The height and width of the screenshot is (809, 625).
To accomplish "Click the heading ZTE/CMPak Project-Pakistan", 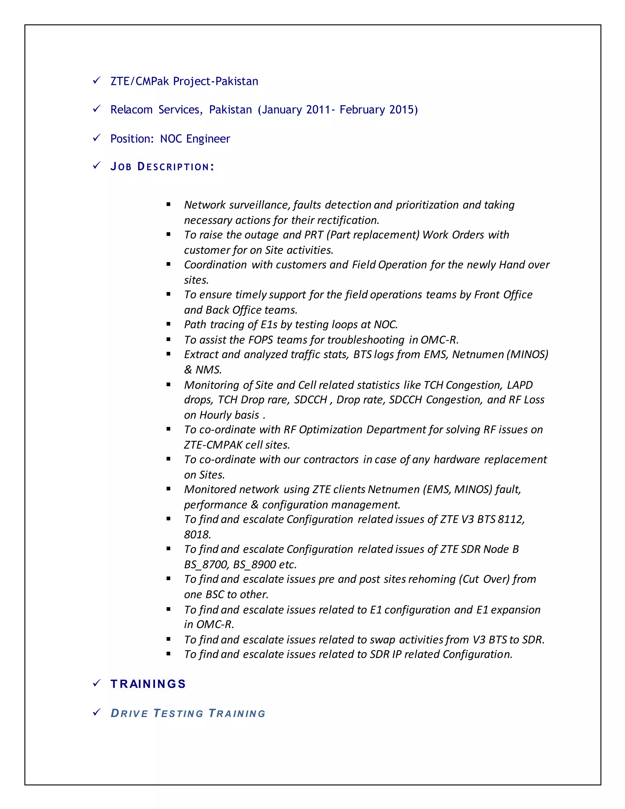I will [184, 81].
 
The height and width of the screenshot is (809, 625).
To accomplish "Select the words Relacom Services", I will [156, 110].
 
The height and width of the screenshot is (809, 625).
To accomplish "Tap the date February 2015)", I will [378, 110].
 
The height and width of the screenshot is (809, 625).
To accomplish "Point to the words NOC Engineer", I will [195, 139].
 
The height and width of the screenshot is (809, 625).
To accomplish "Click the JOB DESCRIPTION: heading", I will [162, 167].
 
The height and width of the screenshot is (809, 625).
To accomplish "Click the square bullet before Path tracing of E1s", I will [168, 324].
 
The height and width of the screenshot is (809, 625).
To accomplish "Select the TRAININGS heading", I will [148, 684].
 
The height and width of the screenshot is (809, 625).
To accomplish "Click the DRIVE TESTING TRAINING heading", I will [188, 713].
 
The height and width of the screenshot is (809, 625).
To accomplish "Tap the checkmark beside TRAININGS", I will [97, 683].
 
